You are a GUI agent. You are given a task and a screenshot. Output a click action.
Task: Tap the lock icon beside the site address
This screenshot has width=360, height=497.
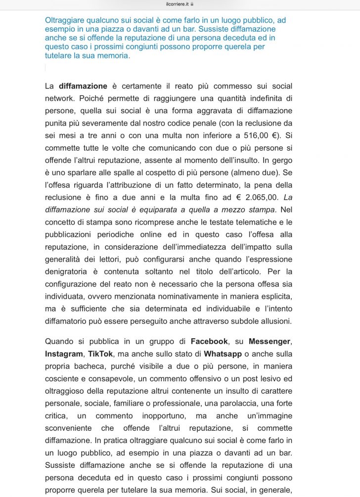tap(192, 3)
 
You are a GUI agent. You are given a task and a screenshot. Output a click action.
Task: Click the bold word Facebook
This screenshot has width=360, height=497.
tap(209, 341)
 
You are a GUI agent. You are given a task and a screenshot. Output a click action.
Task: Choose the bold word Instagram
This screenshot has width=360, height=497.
tap(64, 354)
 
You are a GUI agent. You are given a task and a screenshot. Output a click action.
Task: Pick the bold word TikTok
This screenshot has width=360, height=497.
tap(101, 354)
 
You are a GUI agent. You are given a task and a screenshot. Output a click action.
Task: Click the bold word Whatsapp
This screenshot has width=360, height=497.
tap(223, 354)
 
